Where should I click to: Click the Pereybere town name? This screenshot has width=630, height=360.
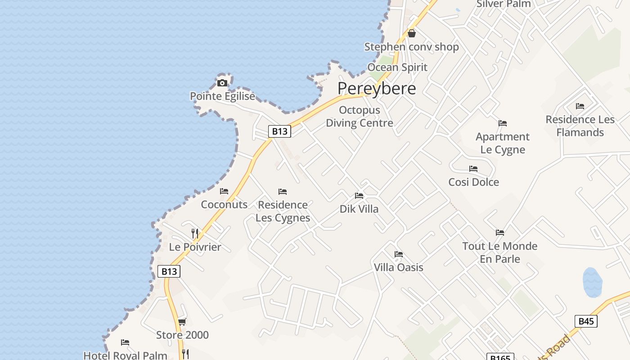377,88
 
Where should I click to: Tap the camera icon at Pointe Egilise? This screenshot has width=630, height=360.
222,83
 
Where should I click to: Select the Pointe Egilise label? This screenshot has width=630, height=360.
222,96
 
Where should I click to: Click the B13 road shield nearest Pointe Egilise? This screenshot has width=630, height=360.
279,131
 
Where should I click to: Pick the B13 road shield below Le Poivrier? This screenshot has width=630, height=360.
169,271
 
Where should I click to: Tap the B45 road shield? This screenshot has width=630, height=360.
586,321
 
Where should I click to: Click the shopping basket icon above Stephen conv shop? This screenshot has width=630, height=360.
411,33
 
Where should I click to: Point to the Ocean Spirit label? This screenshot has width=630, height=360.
397,67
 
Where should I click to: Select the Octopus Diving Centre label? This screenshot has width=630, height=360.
360,117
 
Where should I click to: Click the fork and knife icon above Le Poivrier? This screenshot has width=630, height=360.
195,233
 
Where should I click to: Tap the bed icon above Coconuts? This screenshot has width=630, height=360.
224,191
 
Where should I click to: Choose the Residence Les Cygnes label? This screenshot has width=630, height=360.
283,211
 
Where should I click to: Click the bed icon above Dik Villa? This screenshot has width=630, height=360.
359,196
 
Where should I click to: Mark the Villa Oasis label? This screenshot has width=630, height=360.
399,267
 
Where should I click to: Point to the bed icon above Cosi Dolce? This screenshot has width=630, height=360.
473,169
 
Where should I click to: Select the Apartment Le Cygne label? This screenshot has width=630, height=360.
503,143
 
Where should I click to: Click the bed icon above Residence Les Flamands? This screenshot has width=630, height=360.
580,106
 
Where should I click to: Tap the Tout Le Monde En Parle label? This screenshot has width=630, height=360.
500,252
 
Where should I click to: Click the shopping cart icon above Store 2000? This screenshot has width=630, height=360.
182,322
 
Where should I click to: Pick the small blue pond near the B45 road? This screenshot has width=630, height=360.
592,282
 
